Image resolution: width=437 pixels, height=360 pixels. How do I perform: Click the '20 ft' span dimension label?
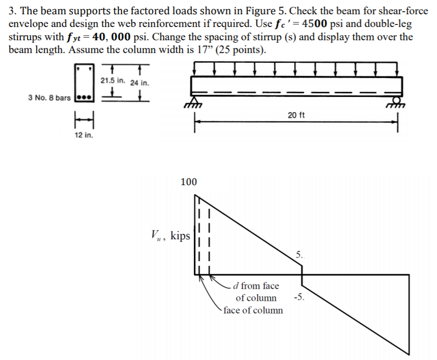[296, 115]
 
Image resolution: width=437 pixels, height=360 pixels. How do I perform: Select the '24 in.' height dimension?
[139, 83]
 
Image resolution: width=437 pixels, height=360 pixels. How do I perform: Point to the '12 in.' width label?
[84, 136]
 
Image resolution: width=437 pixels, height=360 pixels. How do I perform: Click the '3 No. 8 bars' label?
[49, 97]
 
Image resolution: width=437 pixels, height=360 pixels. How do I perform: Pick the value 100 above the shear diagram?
[189, 182]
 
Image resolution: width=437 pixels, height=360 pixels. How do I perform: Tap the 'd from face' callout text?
[256, 286]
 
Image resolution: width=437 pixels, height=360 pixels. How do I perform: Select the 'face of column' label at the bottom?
[253, 310]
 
